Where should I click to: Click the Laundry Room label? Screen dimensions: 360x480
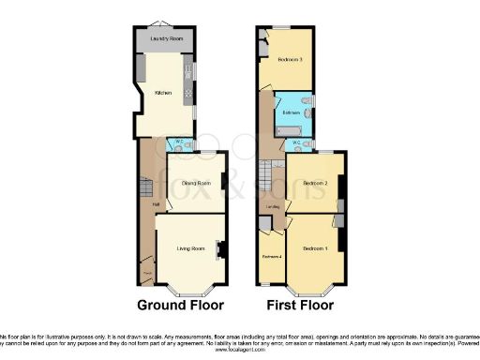pos(164,39)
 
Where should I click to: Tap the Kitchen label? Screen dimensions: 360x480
pos(163,92)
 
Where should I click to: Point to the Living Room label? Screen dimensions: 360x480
pos(190,248)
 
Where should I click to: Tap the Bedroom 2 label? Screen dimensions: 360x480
pos(312,183)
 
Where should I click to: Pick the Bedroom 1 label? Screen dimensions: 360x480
pos(314,247)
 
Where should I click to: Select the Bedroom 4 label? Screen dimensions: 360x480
pos(272,256)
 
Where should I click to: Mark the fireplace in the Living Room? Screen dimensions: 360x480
pos(220,249)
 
